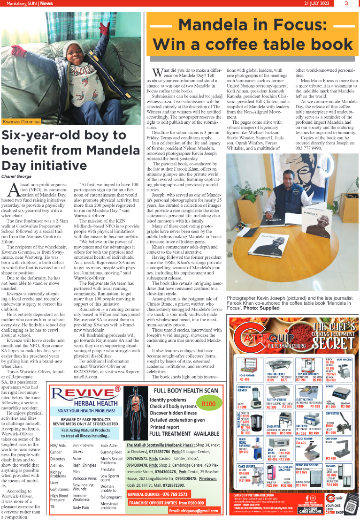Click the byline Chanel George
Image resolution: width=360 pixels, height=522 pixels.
coord(17,176)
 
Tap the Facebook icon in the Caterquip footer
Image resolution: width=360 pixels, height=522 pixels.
coord(307,497)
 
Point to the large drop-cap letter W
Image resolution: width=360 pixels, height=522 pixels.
coord(157,72)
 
